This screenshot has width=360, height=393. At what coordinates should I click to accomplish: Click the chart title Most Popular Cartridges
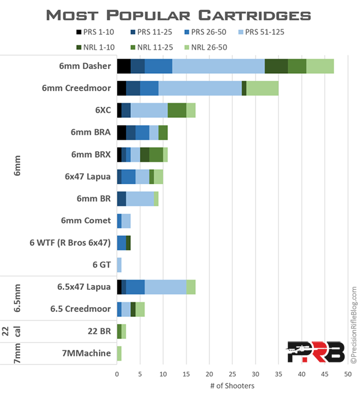pos(180,14)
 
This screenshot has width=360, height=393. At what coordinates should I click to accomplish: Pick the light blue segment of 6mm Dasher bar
pos(218,66)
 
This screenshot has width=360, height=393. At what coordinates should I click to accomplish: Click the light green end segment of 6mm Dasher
pos(320,66)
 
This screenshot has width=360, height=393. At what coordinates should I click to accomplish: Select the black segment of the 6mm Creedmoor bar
pos(121,88)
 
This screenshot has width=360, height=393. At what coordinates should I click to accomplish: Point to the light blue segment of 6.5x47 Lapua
pos(166,287)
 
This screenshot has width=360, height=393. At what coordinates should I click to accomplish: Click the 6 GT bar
pos(119,265)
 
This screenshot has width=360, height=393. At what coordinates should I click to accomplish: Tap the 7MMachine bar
pos(119,353)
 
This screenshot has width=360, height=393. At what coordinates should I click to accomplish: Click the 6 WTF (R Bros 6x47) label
pos(70,242)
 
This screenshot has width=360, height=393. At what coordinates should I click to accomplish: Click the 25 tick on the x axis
pos(232,373)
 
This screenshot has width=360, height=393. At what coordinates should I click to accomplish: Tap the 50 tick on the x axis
pos(347,373)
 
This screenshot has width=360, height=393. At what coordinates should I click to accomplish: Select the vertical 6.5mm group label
pos(18,298)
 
